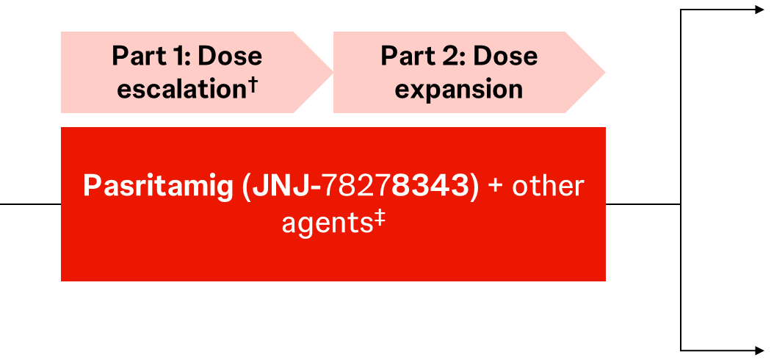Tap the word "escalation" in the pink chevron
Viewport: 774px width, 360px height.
[181, 90]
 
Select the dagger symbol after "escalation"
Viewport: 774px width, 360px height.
[251, 85]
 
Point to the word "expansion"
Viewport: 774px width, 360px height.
[458, 90]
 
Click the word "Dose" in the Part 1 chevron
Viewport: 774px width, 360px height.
[230, 56]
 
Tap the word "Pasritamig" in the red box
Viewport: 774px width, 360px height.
[157, 187]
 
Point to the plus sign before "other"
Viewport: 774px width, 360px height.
[496, 187]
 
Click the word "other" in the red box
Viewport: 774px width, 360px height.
[547, 186]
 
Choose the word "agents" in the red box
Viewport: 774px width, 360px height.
[326, 224]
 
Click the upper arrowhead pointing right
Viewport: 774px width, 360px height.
[760, 10]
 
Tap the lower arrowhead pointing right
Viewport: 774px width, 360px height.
[760, 350]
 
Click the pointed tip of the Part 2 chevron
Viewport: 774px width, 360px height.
[605, 72]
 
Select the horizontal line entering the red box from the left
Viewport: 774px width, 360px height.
[30, 204]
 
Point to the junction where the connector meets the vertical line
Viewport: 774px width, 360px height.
[681, 204]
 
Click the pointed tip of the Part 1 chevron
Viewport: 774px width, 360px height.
[333, 72]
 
